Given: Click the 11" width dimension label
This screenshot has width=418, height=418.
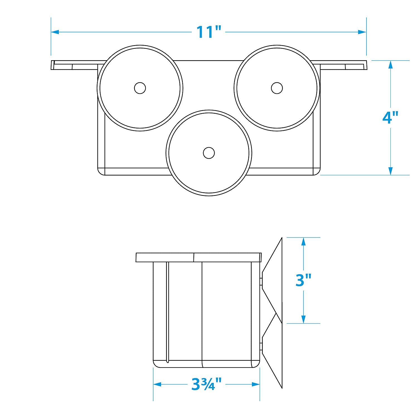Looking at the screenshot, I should (209, 32).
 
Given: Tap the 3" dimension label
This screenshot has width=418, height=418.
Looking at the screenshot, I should (303, 280).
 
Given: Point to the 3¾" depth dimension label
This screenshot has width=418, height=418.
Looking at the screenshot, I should (206, 385).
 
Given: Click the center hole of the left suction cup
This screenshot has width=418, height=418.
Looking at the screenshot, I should (140, 88).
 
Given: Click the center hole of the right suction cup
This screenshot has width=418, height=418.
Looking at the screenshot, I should (277, 88).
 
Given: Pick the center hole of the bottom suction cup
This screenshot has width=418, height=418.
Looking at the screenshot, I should (208, 153).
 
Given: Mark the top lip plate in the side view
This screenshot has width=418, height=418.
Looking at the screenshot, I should (198, 257).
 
